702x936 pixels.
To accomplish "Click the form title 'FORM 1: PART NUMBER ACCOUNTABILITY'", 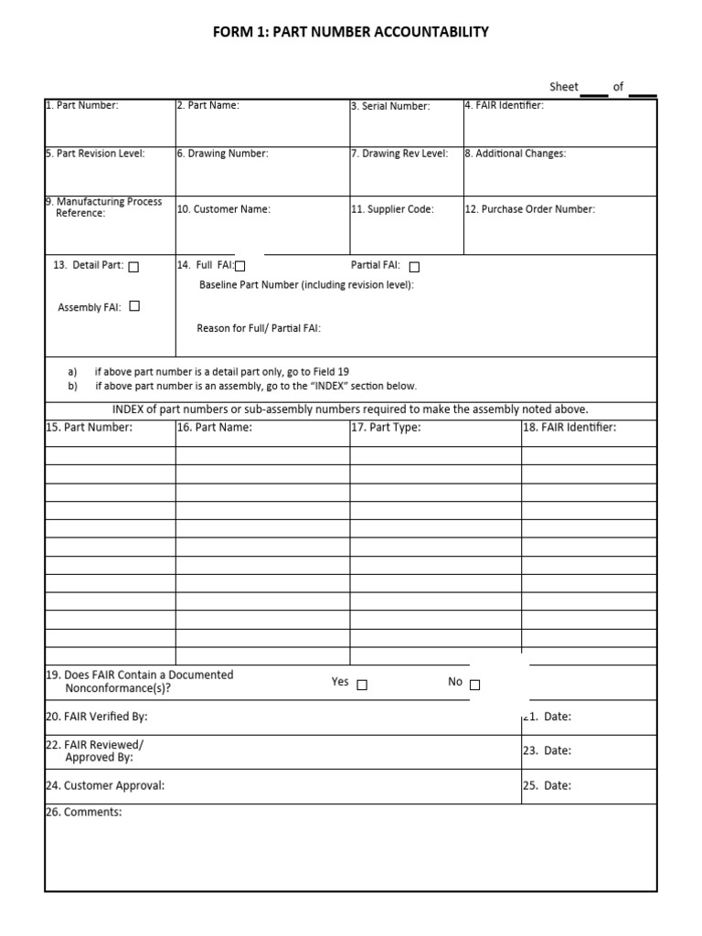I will pos(351,32).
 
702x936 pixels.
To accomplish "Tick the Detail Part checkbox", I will pos(134,267).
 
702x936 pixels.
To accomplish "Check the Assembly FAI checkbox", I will pos(134,307).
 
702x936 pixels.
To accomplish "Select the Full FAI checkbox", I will pos(240,267).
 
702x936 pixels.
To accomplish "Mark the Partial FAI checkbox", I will pos(414,267).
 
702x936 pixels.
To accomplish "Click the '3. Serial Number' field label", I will pos(390,107).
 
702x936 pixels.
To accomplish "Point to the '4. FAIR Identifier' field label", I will pos(504,106).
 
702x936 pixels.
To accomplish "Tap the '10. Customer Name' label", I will pos(224,209).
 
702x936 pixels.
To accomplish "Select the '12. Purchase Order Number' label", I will pos(530,209).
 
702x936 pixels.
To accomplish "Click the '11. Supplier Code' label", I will pos(392,209).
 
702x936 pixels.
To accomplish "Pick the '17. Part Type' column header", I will pos(386,428).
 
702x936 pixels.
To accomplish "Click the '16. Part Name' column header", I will pos(214,428).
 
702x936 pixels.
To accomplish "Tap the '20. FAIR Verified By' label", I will pos(96,717).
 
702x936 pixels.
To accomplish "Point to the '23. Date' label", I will pos(547,750).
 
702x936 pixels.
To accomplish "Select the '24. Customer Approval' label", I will pos(105,785).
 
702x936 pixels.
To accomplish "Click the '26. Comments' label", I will pos(83,812).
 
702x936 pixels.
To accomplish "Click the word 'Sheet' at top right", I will pos(564,87).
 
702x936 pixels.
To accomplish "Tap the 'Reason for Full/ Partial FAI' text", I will pos(259,328).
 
